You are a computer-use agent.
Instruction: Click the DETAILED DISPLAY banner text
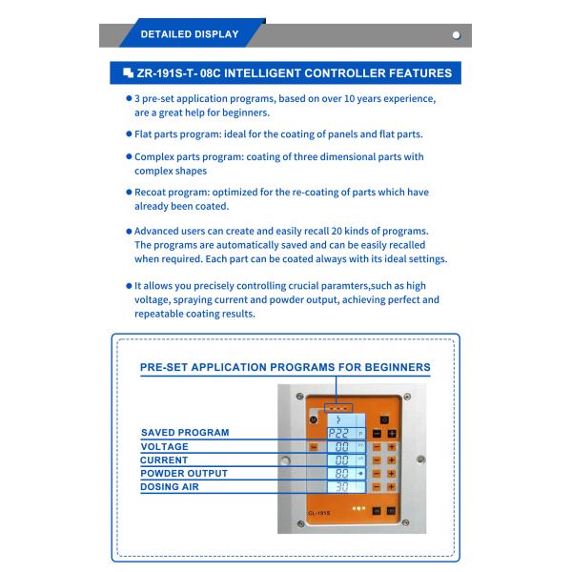click(189, 35)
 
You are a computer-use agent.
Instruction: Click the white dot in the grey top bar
click(456, 35)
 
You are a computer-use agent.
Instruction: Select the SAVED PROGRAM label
click(185, 433)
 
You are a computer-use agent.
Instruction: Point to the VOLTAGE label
click(165, 446)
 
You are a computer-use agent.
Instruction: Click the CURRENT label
click(165, 460)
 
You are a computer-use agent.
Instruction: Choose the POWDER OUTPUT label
click(184, 474)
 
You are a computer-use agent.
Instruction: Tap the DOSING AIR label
click(170, 487)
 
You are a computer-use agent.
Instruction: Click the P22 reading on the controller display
click(339, 433)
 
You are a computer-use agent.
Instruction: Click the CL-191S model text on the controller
click(318, 515)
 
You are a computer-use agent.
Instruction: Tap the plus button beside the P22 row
click(390, 433)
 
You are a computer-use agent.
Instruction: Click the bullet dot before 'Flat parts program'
click(129, 133)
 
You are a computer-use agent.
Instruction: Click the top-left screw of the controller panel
click(299, 396)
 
